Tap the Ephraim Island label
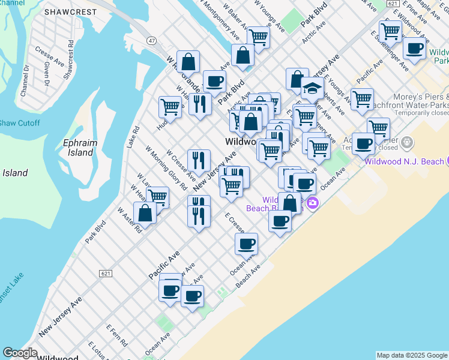(79, 148)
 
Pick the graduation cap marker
(312, 89)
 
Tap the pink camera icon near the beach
(312, 204)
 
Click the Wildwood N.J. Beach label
(404, 161)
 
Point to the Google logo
(20, 353)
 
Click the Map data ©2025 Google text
(412, 355)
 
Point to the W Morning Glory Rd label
(166, 168)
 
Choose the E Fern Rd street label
(116, 335)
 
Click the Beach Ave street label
(247, 276)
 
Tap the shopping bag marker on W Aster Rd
(145, 213)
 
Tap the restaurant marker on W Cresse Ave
(198, 161)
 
